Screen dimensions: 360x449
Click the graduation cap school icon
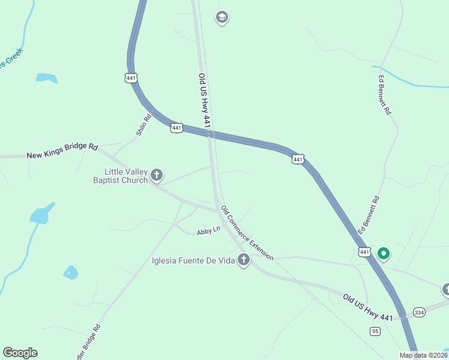pos(221,17)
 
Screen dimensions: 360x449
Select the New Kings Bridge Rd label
pos(62,151)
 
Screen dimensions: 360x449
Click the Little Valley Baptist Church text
pos(121,176)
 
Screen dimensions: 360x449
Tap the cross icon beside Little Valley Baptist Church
pos(157,175)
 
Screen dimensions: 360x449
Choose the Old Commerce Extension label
pos(247,233)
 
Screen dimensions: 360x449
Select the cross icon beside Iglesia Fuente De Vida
pos(243,260)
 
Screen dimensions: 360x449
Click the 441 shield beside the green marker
pos(364,252)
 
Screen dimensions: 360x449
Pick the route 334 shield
pos(419,313)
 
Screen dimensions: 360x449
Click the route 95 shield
pos(375,331)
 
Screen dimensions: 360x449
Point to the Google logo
pos(20,353)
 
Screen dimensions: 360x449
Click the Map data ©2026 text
pos(423,355)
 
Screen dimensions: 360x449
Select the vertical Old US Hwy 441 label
pos(204,100)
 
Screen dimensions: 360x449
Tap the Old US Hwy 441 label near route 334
pos(368,307)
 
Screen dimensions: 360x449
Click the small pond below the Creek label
pos(46,78)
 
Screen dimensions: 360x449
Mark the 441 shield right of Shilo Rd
pos(176,128)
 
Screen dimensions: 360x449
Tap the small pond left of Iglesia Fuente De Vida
pos(71,272)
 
